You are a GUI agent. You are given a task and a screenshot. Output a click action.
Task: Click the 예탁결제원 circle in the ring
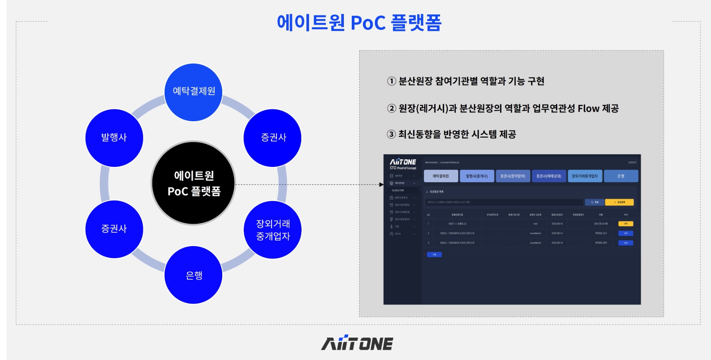(193, 92)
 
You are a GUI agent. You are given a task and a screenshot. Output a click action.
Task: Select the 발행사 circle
(114, 138)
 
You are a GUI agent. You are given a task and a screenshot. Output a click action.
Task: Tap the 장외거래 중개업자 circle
(273, 230)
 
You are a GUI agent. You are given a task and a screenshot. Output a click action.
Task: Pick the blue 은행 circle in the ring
(193, 275)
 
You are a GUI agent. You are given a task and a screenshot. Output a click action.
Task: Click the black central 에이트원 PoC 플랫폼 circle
(193, 183)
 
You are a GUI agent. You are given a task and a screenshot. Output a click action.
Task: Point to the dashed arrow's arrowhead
(381, 184)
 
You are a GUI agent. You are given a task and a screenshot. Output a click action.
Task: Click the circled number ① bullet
(391, 81)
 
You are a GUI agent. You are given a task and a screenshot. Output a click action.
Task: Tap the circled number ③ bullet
(391, 134)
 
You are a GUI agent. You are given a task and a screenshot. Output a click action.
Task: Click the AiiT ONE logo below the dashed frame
(357, 343)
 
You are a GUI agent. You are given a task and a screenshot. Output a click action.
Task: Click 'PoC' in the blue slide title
(368, 23)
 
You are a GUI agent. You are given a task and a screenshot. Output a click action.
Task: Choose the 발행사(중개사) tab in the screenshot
(477, 176)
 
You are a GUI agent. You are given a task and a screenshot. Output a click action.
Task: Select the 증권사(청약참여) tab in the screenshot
(513, 176)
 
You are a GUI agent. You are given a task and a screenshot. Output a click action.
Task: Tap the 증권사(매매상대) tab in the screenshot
(549, 176)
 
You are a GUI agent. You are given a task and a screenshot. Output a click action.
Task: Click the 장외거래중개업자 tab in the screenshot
(585, 176)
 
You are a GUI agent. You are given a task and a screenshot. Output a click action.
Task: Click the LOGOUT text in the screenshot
(632, 162)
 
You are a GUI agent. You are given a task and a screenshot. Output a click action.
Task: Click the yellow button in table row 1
(625, 224)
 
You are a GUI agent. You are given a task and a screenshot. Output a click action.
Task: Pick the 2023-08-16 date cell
(557, 224)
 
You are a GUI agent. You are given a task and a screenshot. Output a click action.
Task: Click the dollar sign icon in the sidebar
(391, 226)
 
